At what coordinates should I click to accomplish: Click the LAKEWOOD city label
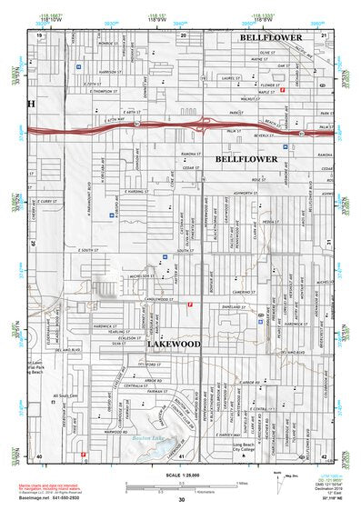(x=173, y=345)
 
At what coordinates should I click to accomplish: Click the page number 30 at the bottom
(x=181, y=501)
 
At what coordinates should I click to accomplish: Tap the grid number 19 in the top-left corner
(x=39, y=35)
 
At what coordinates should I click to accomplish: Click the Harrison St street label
(x=110, y=71)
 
